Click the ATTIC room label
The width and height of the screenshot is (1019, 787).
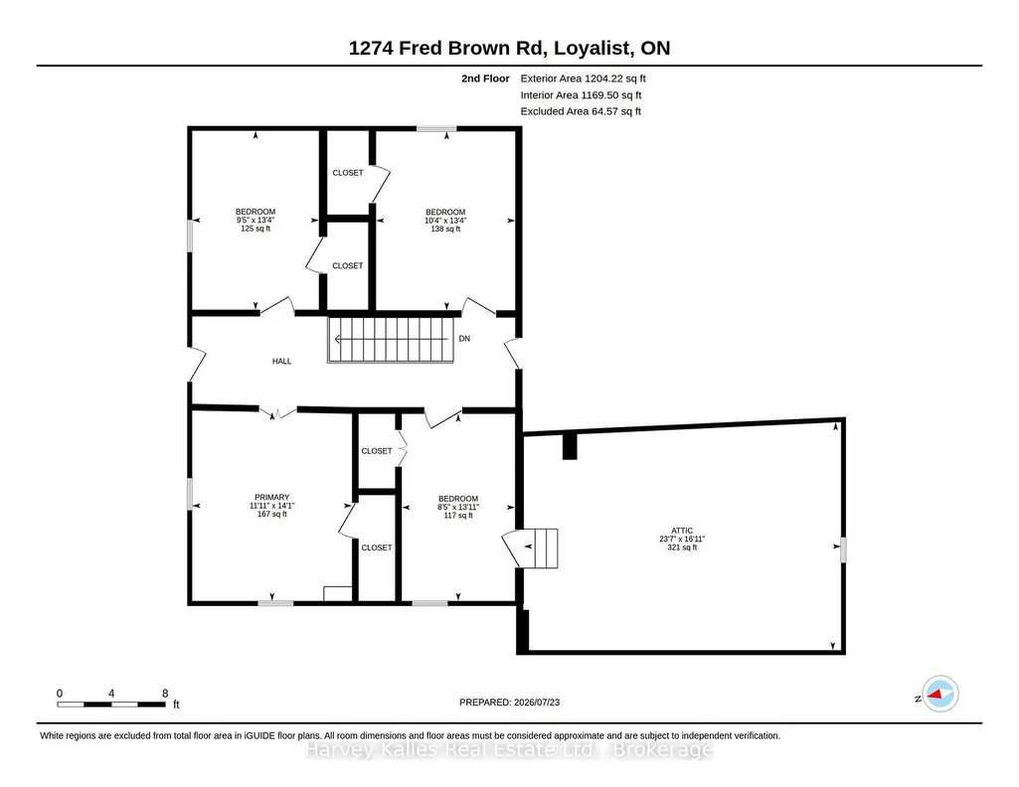tap(682, 531)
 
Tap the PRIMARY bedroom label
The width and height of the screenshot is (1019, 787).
tap(271, 498)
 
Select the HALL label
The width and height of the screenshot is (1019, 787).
tap(281, 361)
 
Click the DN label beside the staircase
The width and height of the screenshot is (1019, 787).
tap(464, 338)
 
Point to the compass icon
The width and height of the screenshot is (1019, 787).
tap(939, 695)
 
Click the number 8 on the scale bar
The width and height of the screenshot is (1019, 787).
tap(165, 694)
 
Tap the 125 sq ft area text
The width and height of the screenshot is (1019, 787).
tap(255, 229)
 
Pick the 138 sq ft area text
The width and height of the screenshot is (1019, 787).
tap(445, 229)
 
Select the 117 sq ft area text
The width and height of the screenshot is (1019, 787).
tap(458, 516)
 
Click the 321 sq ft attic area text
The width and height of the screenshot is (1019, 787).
tap(682, 548)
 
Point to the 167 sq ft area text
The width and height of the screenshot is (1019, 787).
tap(271, 515)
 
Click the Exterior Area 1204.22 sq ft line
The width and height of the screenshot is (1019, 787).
tap(583, 79)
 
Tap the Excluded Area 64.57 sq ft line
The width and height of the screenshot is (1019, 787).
tap(581, 111)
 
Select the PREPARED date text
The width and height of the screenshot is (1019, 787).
tap(509, 702)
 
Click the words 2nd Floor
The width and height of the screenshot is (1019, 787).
tap(485, 79)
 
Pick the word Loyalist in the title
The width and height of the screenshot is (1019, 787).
tap(594, 48)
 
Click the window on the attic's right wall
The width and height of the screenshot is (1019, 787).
tap(844, 550)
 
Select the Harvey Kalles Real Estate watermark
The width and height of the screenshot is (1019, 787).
tap(509, 750)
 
